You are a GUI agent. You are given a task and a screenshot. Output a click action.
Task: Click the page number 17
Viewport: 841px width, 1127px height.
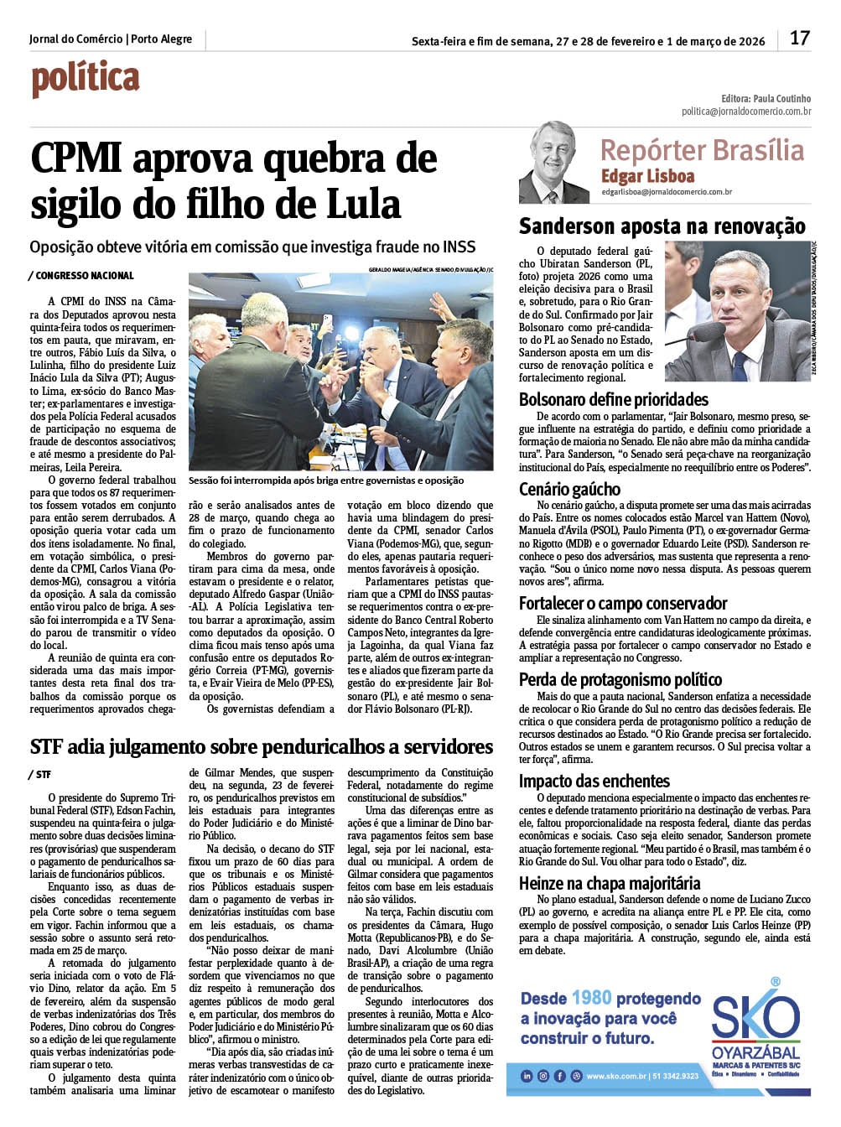(x=800, y=38)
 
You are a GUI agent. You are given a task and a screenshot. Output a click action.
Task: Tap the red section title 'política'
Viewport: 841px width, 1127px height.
(x=86, y=80)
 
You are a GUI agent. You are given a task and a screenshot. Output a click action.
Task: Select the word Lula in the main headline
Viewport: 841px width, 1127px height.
(x=361, y=204)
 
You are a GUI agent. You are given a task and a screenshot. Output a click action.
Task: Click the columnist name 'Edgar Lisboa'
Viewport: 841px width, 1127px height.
(x=647, y=176)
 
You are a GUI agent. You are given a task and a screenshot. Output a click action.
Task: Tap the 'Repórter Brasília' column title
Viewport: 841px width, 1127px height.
(x=702, y=150)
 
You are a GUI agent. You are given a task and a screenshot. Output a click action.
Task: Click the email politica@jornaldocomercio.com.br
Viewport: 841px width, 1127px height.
(x=745, y=111)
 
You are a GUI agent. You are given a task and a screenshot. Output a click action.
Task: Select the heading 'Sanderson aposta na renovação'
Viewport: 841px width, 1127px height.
(x=662, y=226)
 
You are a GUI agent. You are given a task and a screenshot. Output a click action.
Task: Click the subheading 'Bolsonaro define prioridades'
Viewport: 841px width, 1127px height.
(x=613, y=399)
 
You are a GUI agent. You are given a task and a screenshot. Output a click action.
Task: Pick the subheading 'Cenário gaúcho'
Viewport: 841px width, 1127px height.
(x=569, y=489)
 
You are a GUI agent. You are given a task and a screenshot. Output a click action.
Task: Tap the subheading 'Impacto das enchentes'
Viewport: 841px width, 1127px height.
(x=594, y=781)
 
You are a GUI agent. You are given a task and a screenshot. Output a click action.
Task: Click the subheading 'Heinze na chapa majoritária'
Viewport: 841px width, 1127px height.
(x=609, y=883)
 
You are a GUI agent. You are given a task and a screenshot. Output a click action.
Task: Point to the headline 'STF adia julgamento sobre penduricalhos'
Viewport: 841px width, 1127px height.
(x=262, y=746)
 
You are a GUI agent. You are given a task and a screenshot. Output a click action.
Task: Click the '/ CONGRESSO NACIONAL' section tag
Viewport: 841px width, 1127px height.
(x=80, y=275)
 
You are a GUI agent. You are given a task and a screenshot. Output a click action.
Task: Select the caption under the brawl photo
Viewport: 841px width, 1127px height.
(x=326, y=480)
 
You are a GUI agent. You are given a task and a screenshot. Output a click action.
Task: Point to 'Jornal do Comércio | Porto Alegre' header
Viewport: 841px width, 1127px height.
(x=111, y=39)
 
